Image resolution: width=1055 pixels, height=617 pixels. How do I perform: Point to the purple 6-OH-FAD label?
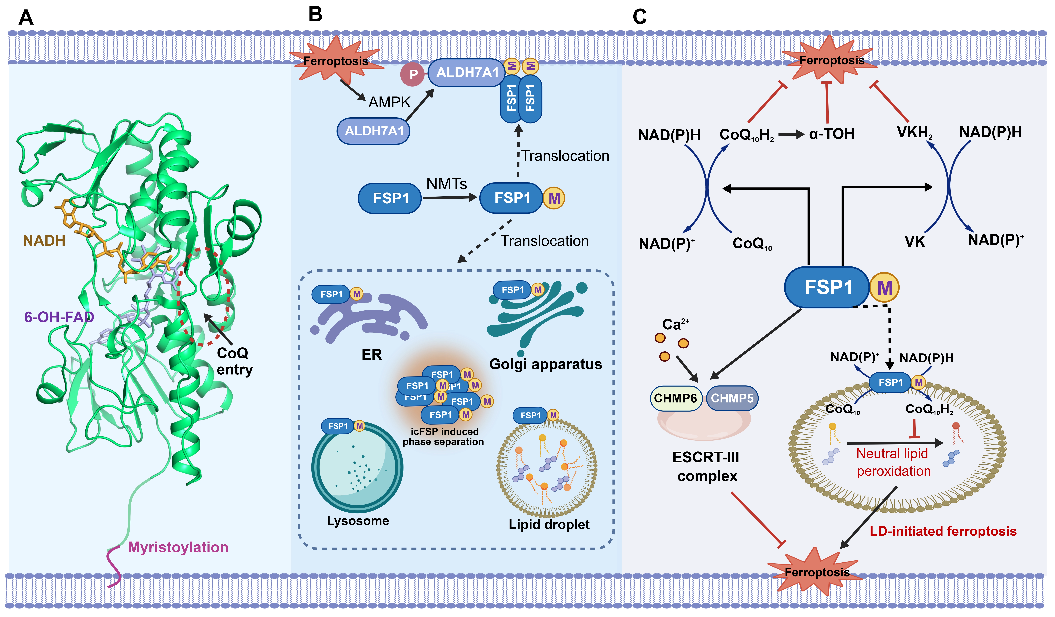click(x=59, y=317)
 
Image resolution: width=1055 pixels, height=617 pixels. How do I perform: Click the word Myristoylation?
click(x=178, y=547)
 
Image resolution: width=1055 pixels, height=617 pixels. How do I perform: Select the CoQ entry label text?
click(x=234, y=361)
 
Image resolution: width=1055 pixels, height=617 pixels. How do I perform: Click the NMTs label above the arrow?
click(x=447, y=184)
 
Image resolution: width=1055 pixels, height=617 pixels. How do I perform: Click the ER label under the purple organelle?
click(x=372, y=355)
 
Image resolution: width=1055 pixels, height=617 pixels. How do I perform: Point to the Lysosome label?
click(x=358, y=521)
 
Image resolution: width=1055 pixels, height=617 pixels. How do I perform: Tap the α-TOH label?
click(x=831, y=134)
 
